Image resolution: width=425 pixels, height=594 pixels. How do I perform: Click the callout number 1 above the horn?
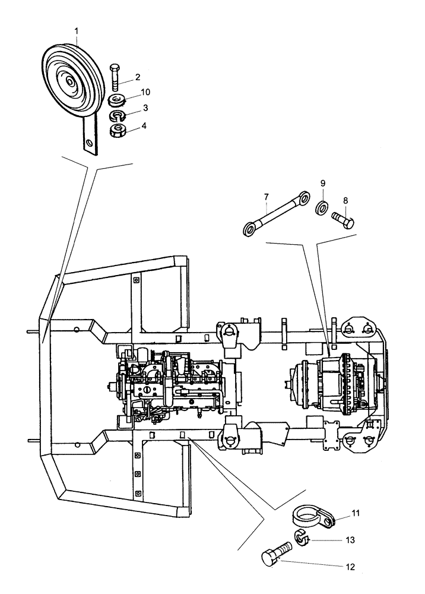click(x=76, y=30)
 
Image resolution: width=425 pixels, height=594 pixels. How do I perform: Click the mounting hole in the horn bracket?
click(x=88, y=143)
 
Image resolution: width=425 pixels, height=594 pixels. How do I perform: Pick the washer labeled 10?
click(x=116, y=99)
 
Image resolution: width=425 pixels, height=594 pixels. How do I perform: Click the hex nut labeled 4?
click(x=119, y=129)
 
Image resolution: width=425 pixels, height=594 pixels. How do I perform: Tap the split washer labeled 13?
click(x=302, y=539)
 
